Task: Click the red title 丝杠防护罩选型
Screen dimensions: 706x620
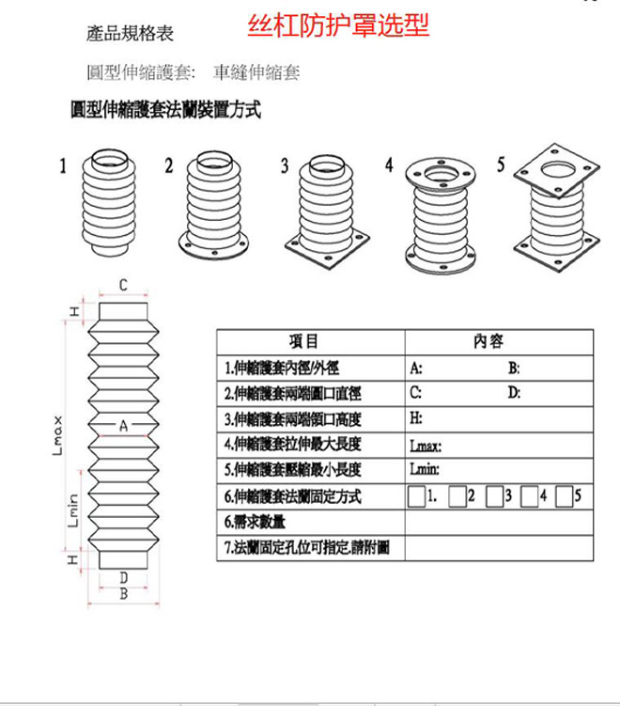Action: pos(338,26)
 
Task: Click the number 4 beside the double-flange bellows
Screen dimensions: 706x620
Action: pos(389,165)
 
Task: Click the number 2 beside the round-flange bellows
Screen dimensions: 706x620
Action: pos(169,166)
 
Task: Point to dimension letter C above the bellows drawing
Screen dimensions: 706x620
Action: pos(123,285)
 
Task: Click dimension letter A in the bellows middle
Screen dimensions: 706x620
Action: pos(123,426)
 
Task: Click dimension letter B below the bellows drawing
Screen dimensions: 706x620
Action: pos(123,593)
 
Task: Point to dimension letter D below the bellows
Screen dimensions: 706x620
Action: pos(123,576)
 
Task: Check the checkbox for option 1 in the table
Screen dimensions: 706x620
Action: pos(416,495)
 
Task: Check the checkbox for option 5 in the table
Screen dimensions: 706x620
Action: pos(563,495)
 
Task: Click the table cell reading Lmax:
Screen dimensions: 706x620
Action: pos(426,447)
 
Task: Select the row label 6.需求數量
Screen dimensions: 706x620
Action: pos(255,521)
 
